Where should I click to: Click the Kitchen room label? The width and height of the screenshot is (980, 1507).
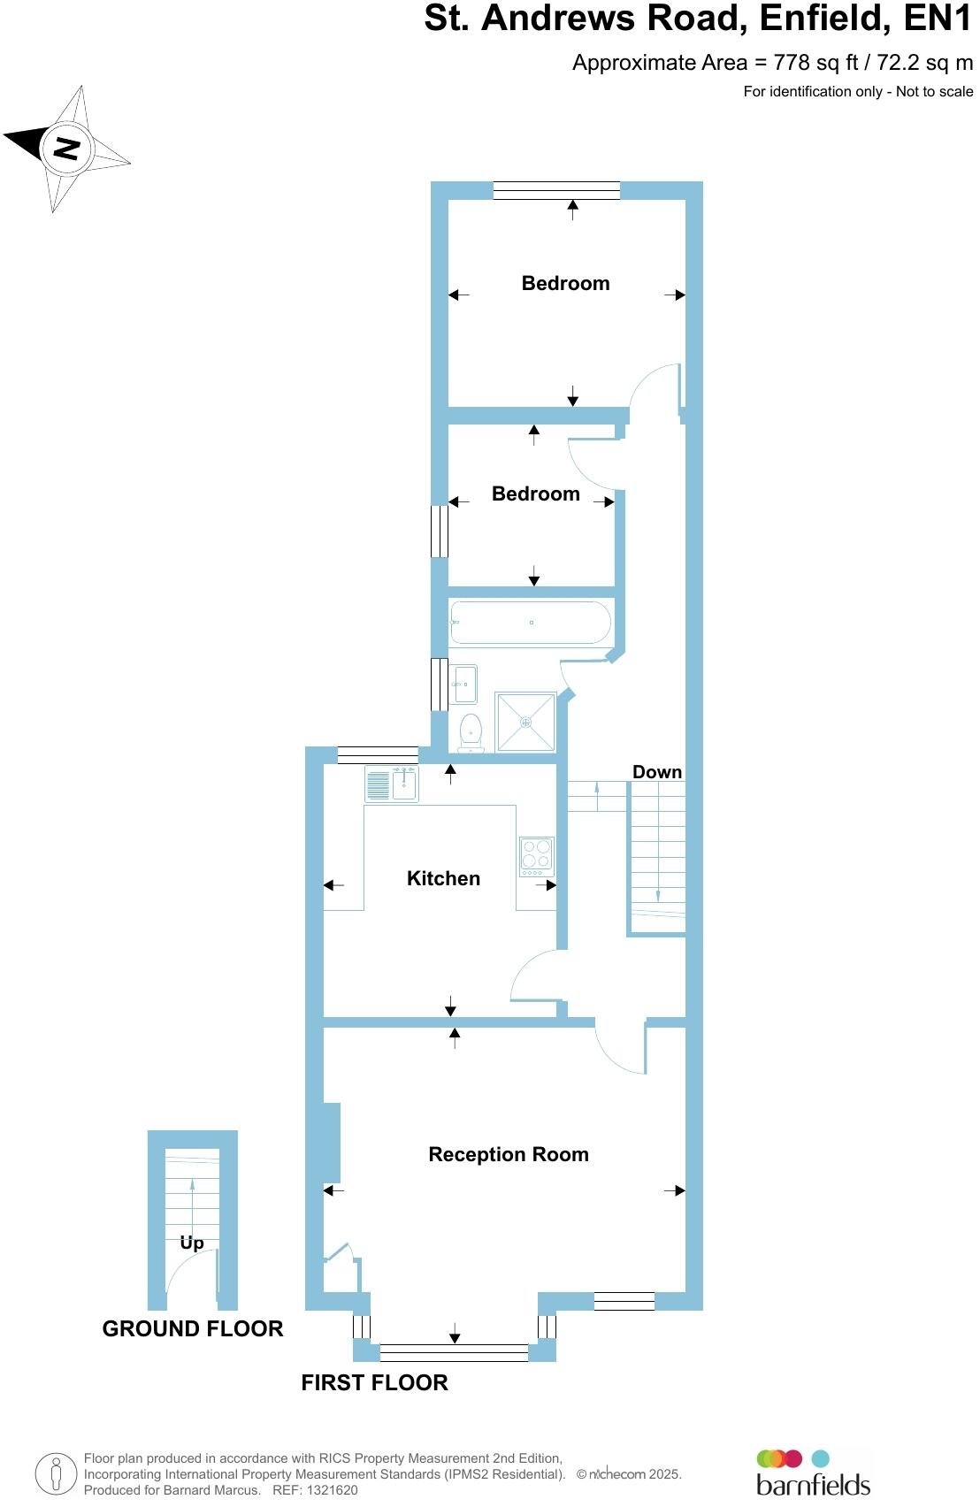pyautogui.click(x=443, y=878)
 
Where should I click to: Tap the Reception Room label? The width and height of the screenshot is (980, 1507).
pyautogui.click(x=508, y=1154)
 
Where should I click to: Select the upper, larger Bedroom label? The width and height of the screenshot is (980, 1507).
pyautogui.click(x=565, y=283)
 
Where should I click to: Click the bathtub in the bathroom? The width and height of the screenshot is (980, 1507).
pyautogui.click(x=530, y=623)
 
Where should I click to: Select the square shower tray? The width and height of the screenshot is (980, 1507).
pyautogui.click(x=525, y=722)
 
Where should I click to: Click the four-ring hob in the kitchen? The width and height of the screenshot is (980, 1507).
pyautogui.click(x=536, y=855)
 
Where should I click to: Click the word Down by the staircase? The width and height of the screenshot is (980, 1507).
pyautogui.click(x=656, y=772)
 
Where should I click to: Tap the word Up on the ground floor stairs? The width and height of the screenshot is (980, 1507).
pyautogui.click(x=192, y=1243)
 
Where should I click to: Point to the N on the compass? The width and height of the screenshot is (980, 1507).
pyautogui.click(x=65, y=148)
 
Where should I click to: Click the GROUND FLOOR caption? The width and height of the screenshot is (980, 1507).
pyautogui.click(x=193, y=1328)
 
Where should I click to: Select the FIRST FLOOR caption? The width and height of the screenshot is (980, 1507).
pyautogui.click(x=374, y=1382)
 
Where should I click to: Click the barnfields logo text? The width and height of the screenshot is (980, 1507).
pyautogui.click(x=813, y=1483)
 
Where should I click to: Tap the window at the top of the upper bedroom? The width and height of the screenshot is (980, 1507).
pyautogui.click(x=556, y=190)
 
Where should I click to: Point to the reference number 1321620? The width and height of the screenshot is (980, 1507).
pyautogui.click(x=328, y=1490)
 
